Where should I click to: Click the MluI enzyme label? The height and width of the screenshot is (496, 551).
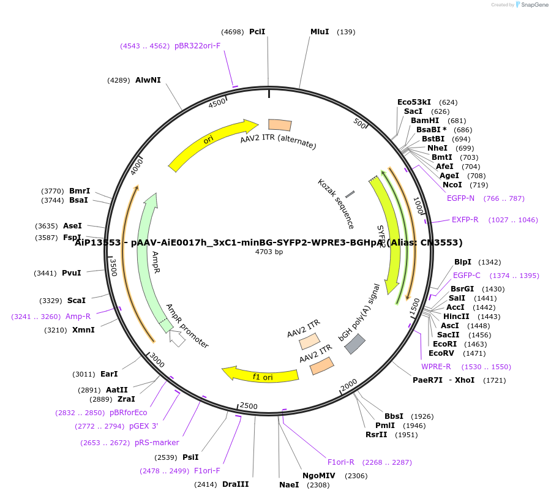[320, 32]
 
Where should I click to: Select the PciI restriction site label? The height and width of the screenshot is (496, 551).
[257, 32]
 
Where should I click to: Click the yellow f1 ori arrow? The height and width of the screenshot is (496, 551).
[260, 375]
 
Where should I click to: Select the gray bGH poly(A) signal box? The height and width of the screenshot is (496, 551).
[355, 344]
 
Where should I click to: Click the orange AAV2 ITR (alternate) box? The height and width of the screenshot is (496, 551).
[280, 125]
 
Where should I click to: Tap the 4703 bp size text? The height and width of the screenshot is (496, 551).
[269, 252]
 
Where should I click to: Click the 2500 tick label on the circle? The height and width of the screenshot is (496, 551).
[249, 406]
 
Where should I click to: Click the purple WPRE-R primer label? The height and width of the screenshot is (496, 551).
[436, 367]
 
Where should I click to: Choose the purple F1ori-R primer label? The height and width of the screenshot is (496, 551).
[341, 462]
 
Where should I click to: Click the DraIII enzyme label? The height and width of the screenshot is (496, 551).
[236, 484]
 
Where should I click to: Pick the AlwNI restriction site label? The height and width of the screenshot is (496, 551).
[148, 80]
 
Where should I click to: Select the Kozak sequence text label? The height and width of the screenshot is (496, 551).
[335, 203]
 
